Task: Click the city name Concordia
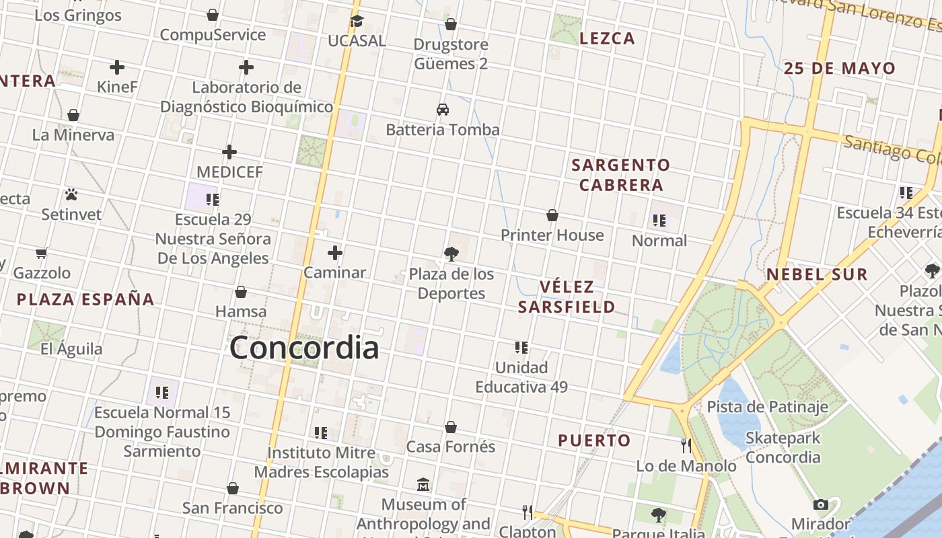[304, 348]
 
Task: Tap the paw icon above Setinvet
[71, 195]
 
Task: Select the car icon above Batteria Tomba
[443, 110]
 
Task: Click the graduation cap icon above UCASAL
[357, 22]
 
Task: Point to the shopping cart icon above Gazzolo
[42, 254]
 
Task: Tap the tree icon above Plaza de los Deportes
[451, 254]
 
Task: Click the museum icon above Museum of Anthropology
[423, 484]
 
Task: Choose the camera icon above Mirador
[820, 504]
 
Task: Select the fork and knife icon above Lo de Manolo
[686, 445]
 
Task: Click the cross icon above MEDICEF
[229, 152]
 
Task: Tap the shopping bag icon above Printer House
[552, 215]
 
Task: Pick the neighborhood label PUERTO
[594, 440]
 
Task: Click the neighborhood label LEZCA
[607, 38]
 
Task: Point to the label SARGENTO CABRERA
[621, 175]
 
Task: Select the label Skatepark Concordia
[783, 448]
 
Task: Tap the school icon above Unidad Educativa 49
[521, 348]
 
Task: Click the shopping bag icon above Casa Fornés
[451, 427]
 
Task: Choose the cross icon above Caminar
[335, 253]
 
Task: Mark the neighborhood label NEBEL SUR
[817, 274]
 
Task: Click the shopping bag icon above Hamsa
[241, 292]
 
